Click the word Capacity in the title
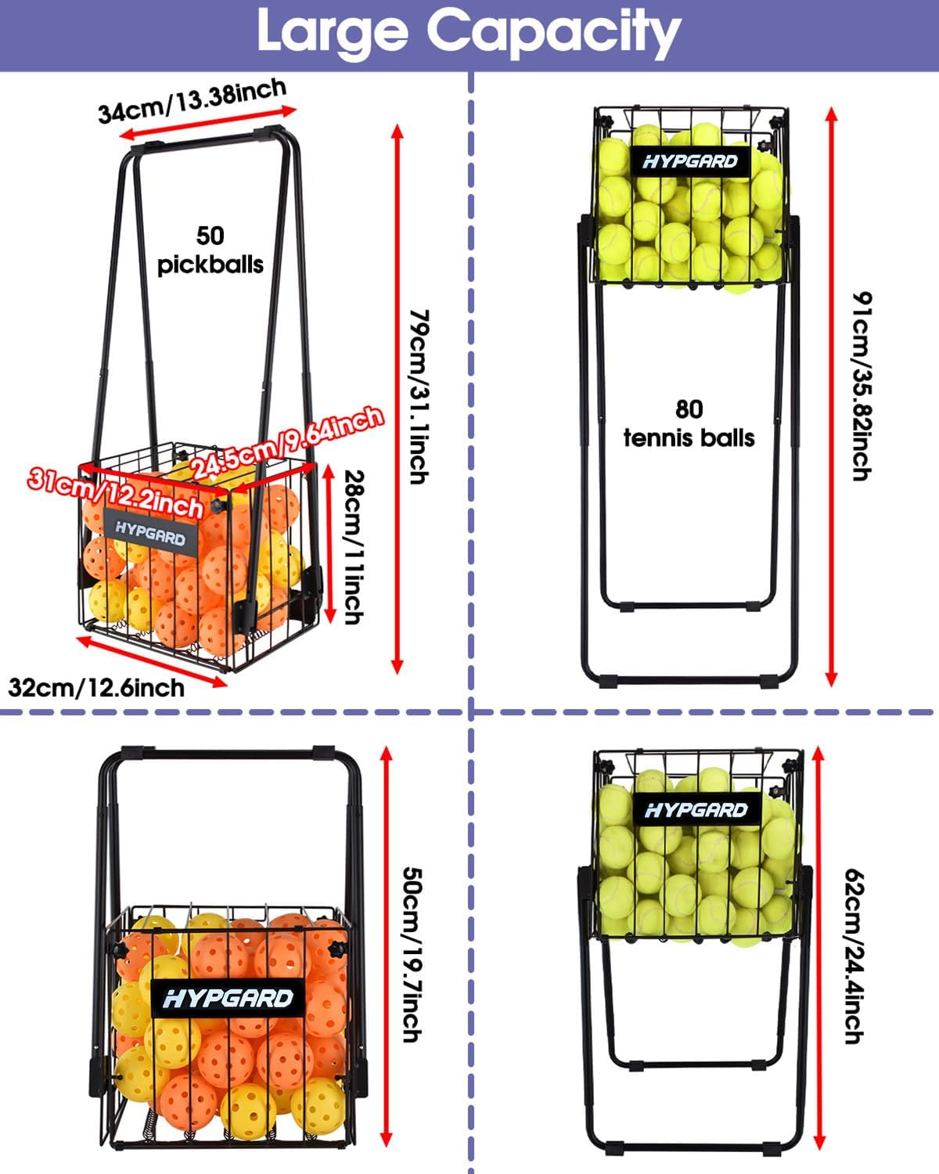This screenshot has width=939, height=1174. point(553,31)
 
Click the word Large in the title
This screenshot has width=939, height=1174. point(333,31)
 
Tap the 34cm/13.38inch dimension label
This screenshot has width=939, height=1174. point(192,101)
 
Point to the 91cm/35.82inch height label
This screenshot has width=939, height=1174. point(862,386)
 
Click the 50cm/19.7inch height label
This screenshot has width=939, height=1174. point(412,953)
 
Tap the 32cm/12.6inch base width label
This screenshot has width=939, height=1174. point(96,687)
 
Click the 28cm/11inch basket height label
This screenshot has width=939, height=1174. point(354,546)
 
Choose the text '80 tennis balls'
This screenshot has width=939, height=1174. point(689,423)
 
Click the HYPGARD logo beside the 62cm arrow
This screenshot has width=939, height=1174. point(696,810)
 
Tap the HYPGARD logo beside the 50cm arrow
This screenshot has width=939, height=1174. point(228,998)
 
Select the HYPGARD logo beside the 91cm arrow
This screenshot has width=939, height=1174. point(690,161)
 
